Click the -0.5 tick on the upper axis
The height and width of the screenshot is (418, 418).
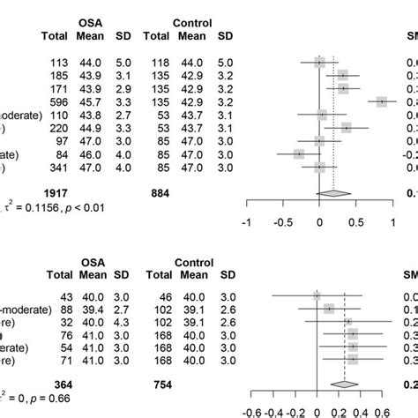click(282, 220)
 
